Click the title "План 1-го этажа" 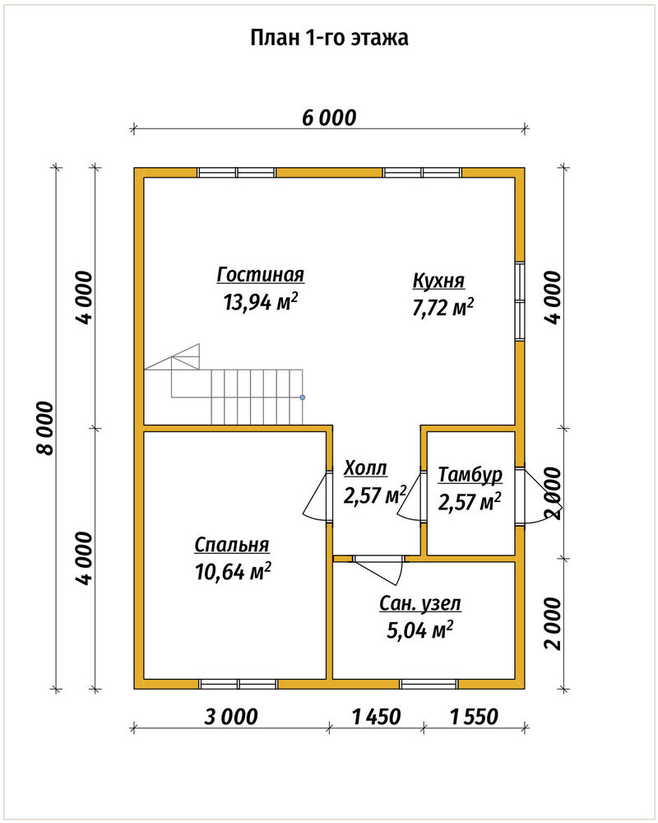pyautogui.click(x=329, y=39)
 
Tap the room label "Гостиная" pyautogui.click(x=261, y=275)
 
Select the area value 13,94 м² pyautogui.click(x=261, y=302)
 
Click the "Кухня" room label pyautogui.click(x=438, y=281)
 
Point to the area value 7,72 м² pyautogui.click(x=443, y=308)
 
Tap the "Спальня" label pyautogui.click(x=232, y=545)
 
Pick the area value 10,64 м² pyautogui.click(x=233, y=572)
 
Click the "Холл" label pyautogui.click(x=365, y=467)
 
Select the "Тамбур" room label pyautogui.click(x=470, y=475)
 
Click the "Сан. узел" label pyautogui.click(x=420, y=603)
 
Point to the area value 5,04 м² pyautogui.click(x=419, y=630)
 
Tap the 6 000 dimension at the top pyautogui.click(x=329, y=118)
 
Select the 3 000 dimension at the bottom pyautogui.click(x=231, y=716)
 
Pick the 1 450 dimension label pyautogui.click(x=376, y=716)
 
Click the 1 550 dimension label pyautogui.click(x=474, y=716)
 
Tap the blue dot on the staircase pyautogui.click(x=302, y=398)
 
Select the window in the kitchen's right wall pyautogui.click(x=520, y=300)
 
